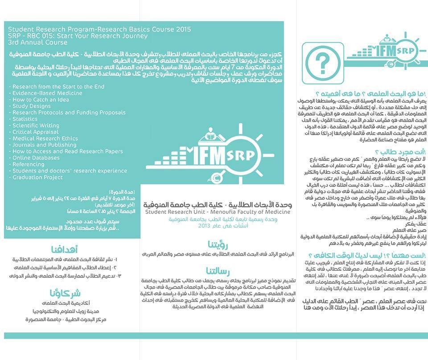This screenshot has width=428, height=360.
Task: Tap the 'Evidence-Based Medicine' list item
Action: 47,93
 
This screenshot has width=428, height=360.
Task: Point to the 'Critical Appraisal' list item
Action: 36,132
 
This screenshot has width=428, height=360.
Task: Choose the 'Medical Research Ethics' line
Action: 45,139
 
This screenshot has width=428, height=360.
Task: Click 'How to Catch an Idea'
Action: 41,100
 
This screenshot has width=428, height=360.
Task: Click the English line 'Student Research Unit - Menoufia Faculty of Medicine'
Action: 217,212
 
